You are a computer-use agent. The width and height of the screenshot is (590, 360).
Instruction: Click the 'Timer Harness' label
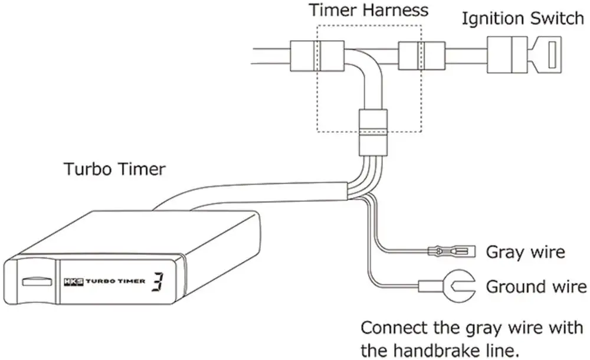pos(369,10)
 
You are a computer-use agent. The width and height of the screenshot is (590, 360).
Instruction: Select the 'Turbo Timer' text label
pos(115,169)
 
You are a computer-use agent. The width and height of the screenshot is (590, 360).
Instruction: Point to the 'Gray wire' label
pos(525,252)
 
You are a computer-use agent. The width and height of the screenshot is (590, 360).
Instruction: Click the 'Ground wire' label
pos(536,287)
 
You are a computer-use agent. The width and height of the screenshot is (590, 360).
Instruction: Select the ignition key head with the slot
pos(549,54)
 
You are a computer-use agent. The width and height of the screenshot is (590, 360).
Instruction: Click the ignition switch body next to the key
pos(507,54)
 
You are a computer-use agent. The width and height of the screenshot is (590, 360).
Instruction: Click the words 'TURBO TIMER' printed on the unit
pos(115,282)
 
